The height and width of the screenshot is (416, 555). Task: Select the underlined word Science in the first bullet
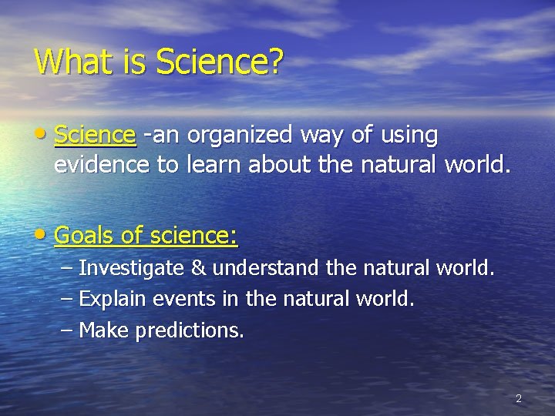coord(96,136)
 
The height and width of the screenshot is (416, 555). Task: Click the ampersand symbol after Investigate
coord(198,269)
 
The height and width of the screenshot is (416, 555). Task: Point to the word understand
coord(266,269)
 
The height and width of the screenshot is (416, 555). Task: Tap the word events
coord(172,299)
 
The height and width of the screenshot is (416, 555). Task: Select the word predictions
coord(190,331)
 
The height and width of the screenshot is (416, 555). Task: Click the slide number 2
coord(518,398)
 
